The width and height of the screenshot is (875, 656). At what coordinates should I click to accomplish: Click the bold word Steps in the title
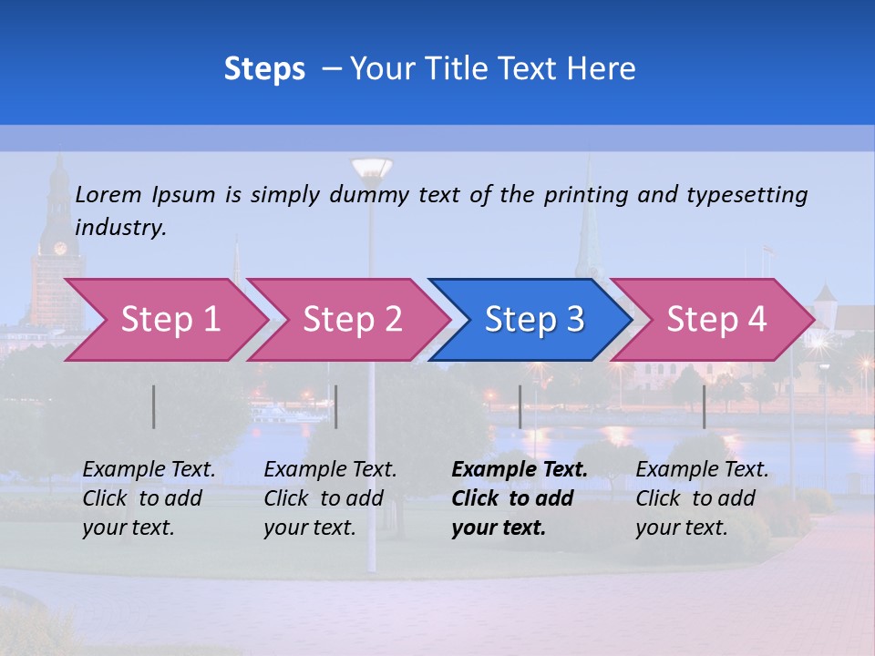point(264,69)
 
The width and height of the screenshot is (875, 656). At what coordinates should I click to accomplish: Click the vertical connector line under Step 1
point(154,406)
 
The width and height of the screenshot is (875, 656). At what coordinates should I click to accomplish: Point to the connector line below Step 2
point(336,406)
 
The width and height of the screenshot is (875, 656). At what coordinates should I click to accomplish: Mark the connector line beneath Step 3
point(520,406)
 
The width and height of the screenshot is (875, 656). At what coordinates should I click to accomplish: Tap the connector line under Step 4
point(705,406)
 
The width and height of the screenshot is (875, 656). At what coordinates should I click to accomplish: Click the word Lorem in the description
point(108,194)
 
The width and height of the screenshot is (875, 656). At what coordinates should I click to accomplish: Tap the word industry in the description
point(120,228)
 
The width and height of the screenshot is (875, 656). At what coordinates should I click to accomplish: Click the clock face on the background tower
point(60,248)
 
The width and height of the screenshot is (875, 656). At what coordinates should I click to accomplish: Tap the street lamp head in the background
point(371,168)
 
